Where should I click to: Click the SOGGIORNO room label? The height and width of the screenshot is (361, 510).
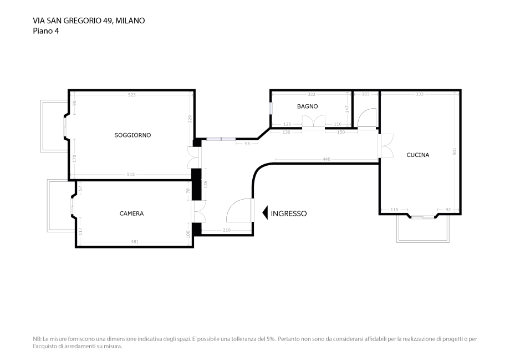[132, 135]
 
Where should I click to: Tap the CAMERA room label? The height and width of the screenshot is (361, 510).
[131, 213]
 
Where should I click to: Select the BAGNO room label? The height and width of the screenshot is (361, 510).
[307, 106]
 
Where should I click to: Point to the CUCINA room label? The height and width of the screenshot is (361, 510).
[417, 155]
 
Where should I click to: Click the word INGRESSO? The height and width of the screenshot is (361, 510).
[288, 213]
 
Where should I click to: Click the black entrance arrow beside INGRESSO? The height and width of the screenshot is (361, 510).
[265, 212]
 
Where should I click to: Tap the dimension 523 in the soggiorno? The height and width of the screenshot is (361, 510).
[131, 95]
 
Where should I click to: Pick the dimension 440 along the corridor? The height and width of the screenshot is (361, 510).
[327, 160]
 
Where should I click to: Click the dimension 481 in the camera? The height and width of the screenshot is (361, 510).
[134, 241]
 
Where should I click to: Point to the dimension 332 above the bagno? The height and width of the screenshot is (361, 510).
[312, 95]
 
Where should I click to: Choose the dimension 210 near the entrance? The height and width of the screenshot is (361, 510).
[227, 230]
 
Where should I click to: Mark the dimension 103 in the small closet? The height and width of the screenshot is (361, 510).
[365, 95]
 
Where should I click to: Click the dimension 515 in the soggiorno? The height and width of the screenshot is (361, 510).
[131, 175]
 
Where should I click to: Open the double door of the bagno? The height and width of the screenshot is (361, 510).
[313, 122]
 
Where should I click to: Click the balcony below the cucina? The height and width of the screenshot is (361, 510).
[422, 230]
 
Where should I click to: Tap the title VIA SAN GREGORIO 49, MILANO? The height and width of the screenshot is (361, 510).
[89, 21]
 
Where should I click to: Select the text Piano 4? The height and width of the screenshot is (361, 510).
[46, 31]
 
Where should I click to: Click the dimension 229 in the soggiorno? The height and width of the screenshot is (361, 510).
[190, 119]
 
